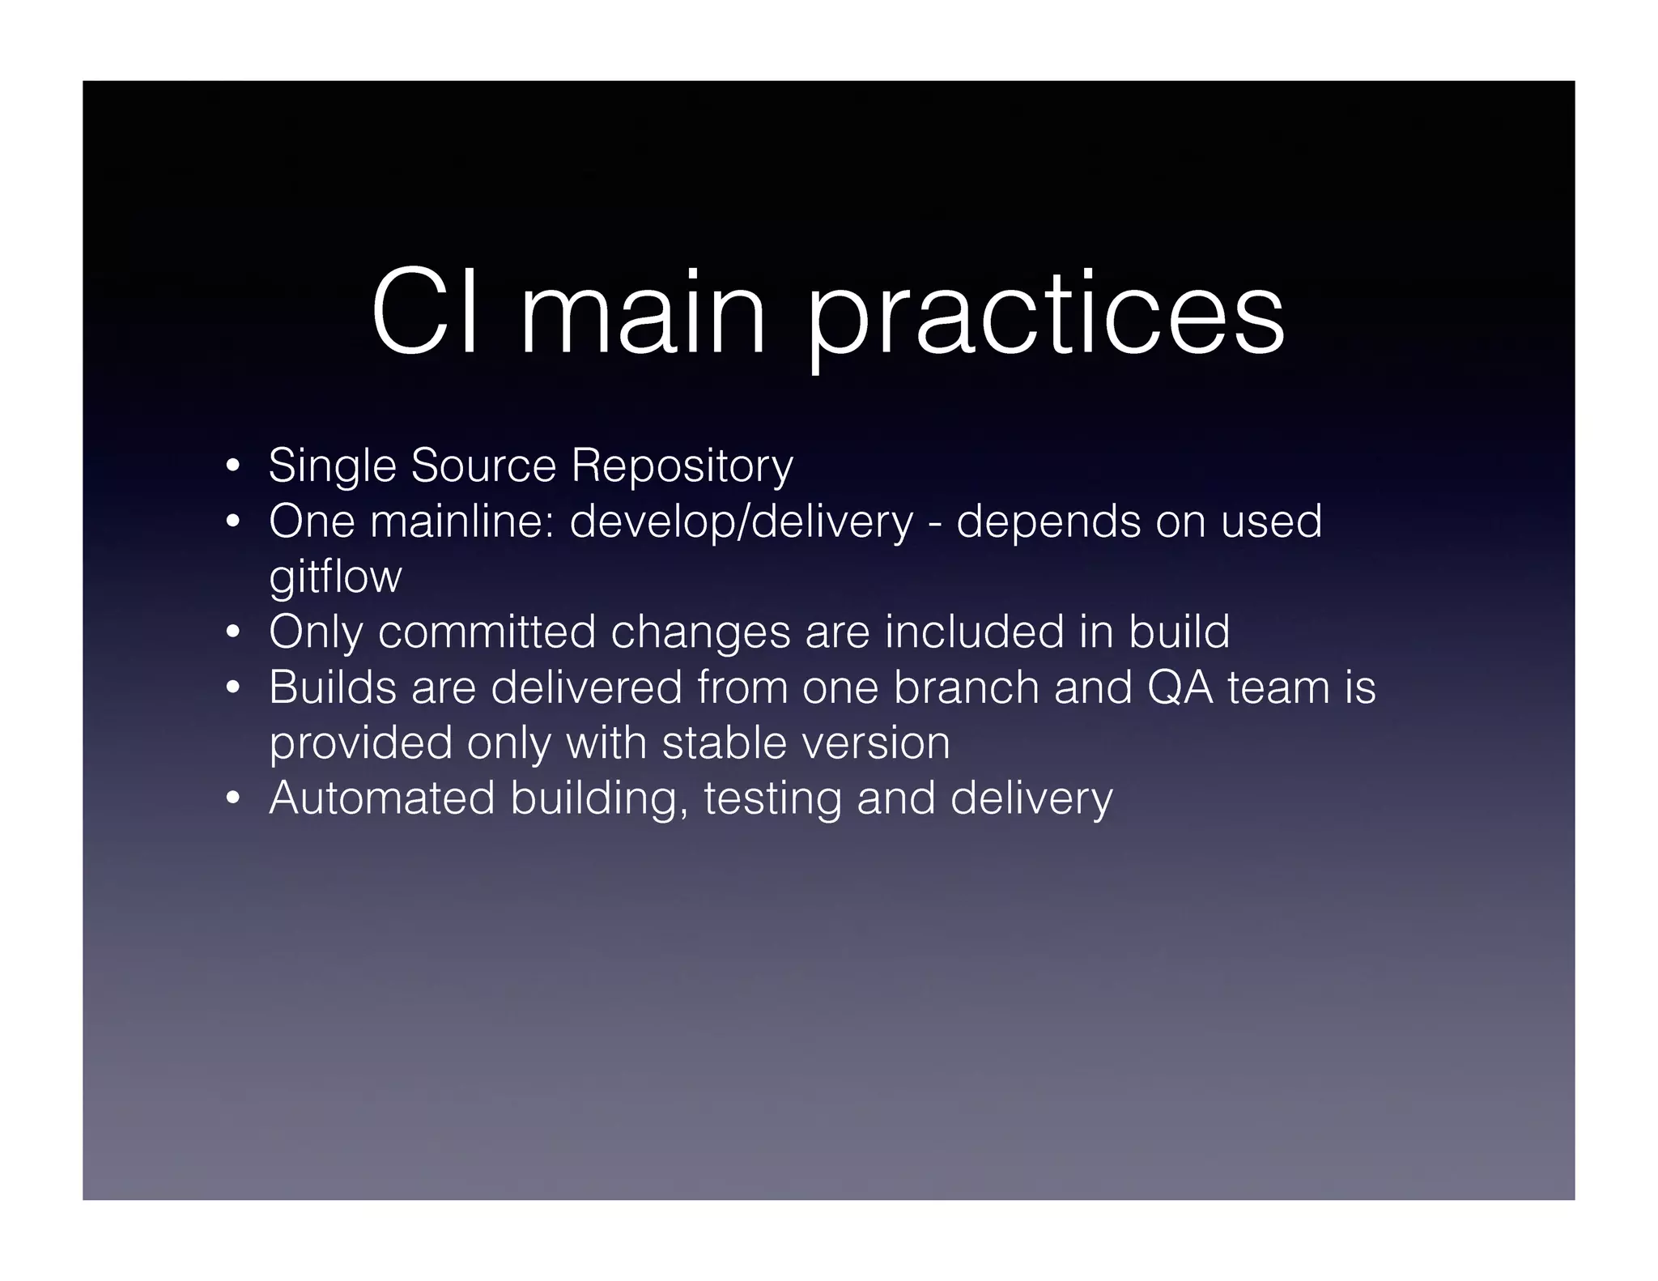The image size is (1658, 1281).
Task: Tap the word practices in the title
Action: pyautogui.click(x=1045, y=316)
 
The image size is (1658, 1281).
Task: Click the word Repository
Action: pyautogui.click(x=682, y=467)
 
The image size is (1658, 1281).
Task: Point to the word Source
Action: pyautogui.click(x=483, y=466)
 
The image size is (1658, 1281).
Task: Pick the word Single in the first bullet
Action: pyautogui.click(x=332, y=467)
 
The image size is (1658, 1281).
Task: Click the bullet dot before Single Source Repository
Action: pyautogui.click(x=233, y=467)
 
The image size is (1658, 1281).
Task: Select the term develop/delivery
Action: pyautogui.click(x=741, y=522)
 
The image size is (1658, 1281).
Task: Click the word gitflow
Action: pyautogui.click(x=335, y=577)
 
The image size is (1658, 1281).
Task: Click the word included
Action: pyautogui.click(x=974, y=632)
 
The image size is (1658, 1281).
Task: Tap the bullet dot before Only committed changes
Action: pyautogui.click(x=233, y=632)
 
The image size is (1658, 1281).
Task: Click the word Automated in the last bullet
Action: pyautogui.click(x=381, y=798)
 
